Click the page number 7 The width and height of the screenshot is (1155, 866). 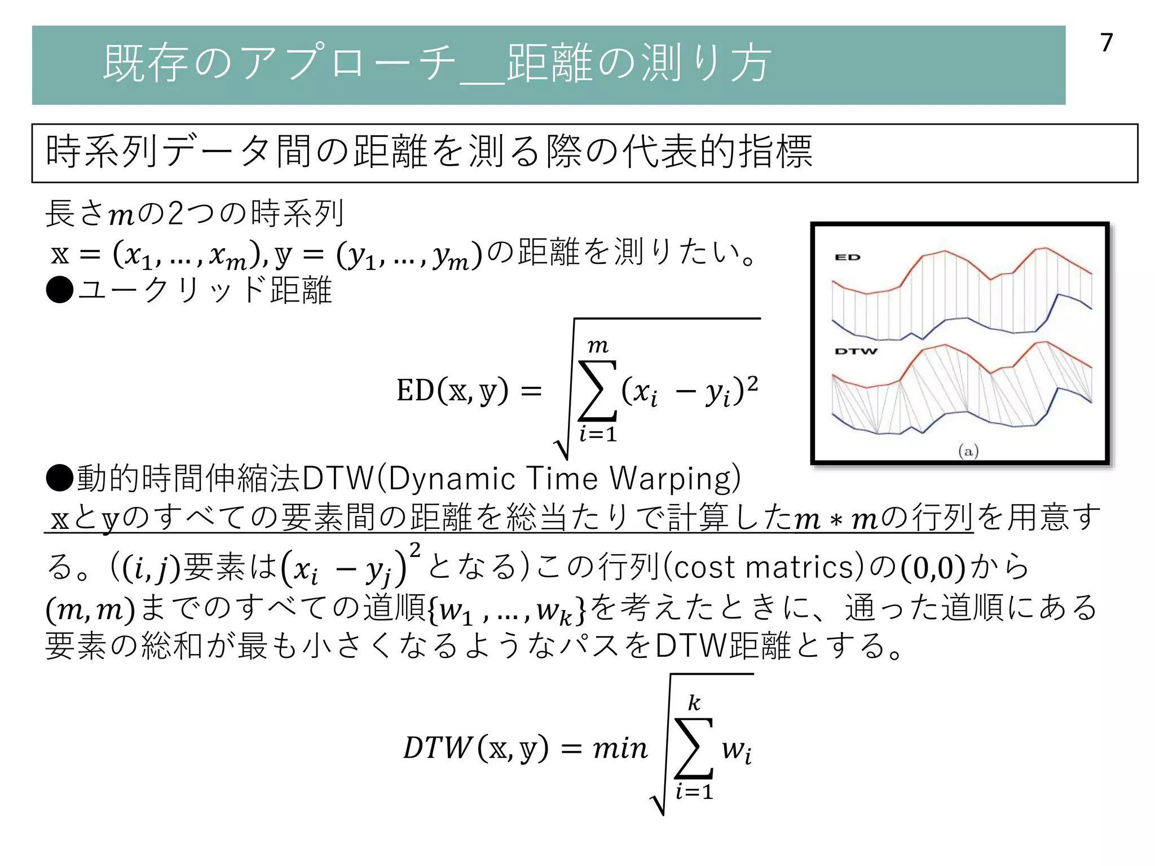[1106, 43]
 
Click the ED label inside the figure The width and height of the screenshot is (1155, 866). [848, 258]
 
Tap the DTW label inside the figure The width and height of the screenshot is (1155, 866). [856, 351]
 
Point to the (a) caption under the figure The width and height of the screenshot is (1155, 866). [968, 451]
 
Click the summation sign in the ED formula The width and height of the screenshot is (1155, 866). [597, 390]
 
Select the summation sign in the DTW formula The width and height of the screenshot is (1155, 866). [694, 748]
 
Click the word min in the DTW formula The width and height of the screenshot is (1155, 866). [620, 748]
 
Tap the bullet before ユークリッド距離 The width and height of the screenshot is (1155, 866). [60, 290]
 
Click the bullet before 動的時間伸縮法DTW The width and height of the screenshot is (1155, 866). [60, 478]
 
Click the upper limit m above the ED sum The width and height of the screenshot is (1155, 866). [598, 346]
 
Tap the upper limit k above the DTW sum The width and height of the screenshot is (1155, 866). [694, 702]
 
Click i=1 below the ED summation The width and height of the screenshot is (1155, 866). [598, 434]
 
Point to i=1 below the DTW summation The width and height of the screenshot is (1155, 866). [694, 792]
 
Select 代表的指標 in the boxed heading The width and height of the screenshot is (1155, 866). [717, 152]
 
